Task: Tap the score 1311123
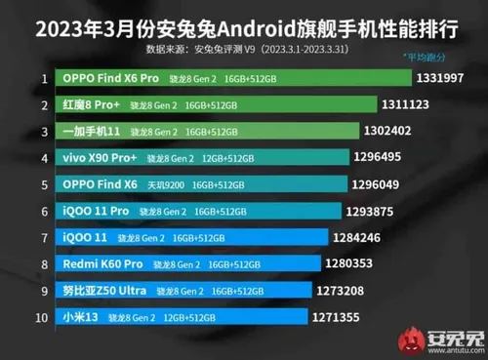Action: tap(432, 104)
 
